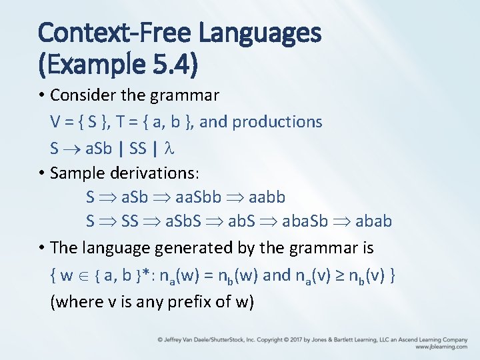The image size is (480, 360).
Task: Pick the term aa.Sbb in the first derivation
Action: (193, 197)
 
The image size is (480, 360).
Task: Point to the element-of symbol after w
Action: (80, 275)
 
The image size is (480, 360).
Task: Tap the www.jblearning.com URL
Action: (441, 347)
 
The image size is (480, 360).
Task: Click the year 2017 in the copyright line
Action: (291, 339)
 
